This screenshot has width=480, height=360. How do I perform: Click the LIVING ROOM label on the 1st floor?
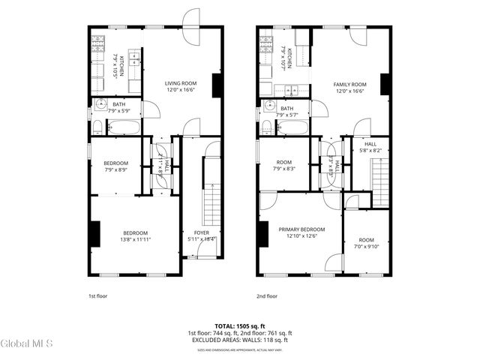(181, 83)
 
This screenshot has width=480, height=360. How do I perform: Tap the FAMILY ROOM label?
(349, 84)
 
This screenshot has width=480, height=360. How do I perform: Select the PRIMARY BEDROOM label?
(301, 229)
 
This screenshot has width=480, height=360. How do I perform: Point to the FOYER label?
(202, 232)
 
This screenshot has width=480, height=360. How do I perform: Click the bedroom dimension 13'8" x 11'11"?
(136, 239)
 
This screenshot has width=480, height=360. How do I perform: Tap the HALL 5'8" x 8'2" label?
(370, 147)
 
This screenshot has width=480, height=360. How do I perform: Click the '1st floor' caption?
(97, 296)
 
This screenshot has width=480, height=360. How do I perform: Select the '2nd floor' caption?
(266, 296)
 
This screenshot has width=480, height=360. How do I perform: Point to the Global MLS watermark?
(27, 344)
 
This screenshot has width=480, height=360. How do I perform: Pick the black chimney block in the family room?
(385, 84)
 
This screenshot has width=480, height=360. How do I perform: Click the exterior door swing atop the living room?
(191, 19)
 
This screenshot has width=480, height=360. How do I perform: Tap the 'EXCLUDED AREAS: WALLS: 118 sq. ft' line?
(239, 340)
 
